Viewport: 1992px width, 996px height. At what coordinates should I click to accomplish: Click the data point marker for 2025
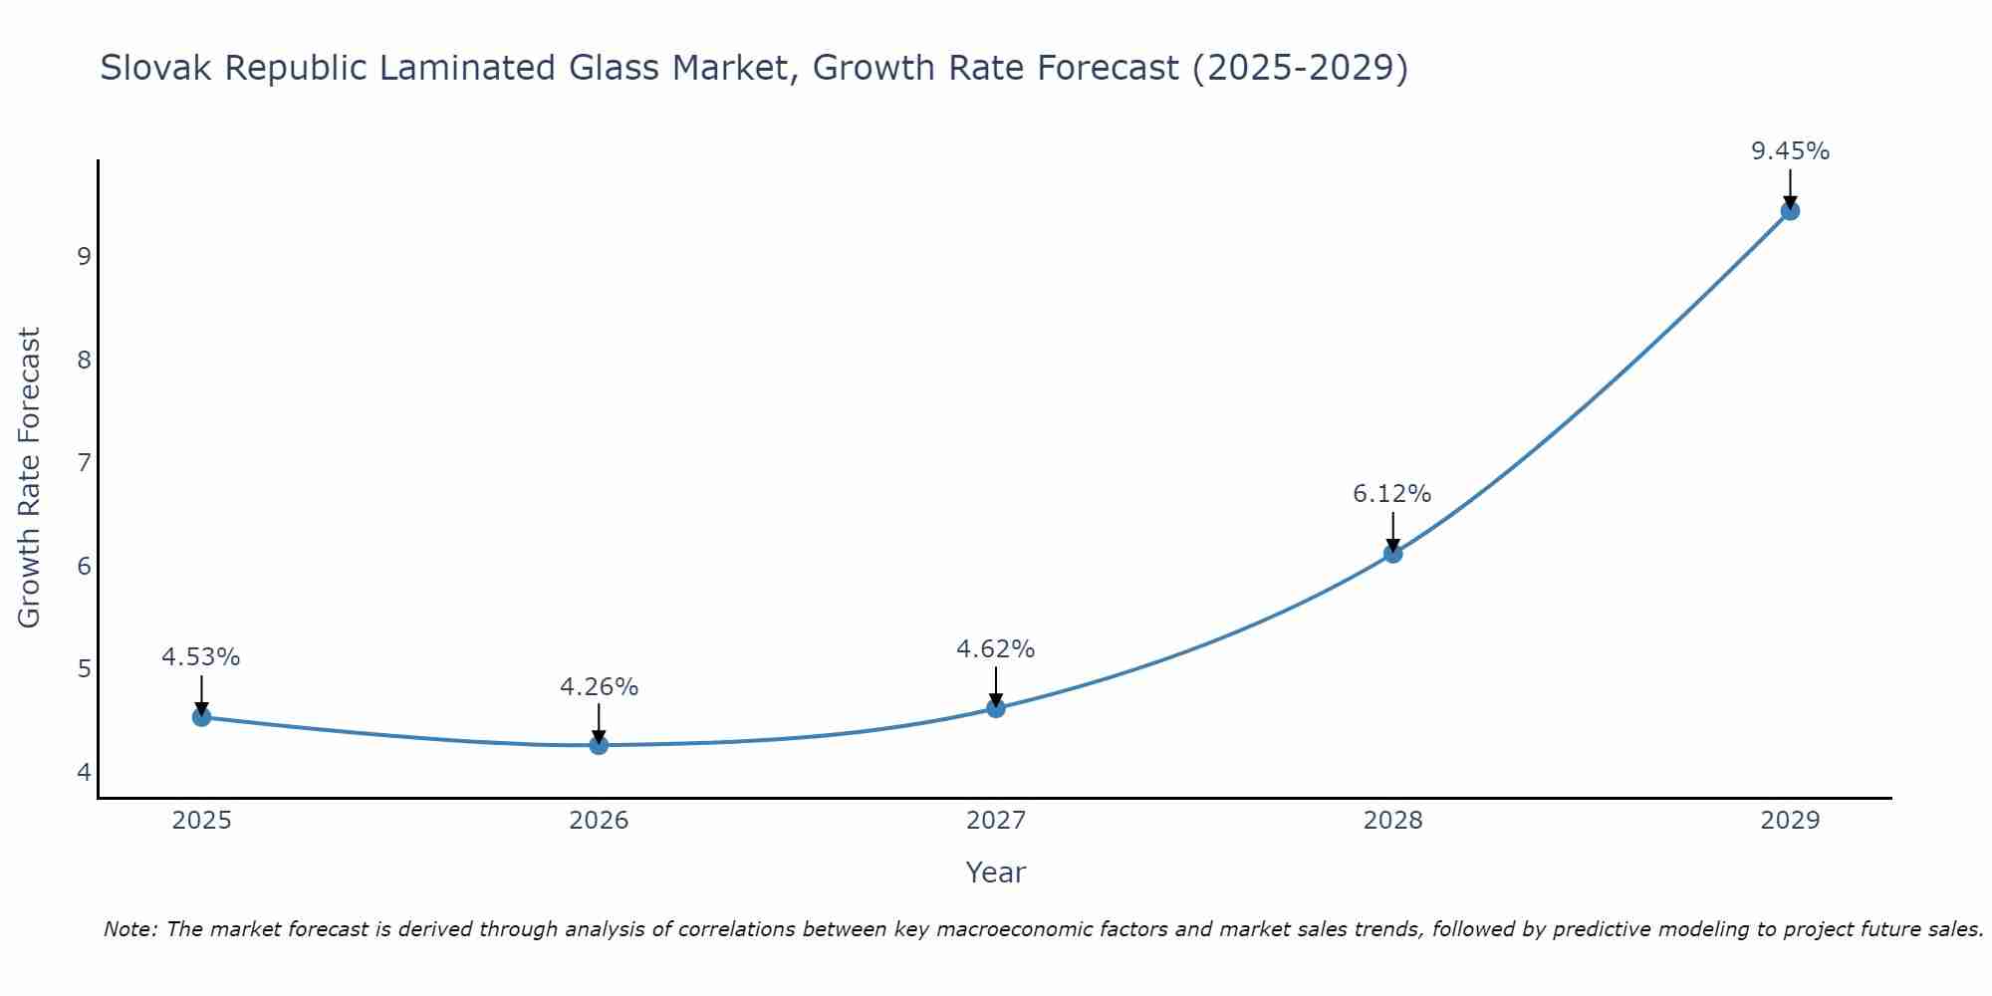201,717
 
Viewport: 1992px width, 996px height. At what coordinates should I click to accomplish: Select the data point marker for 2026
599,745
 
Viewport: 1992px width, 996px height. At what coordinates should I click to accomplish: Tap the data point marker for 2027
996,708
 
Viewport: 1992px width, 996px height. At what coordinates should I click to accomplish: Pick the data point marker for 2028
1392,554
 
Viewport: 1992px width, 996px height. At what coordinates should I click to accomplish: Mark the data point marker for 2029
1790,211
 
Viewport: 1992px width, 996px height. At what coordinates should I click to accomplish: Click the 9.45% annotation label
1790,151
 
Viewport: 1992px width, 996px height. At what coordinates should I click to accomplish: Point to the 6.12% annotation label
1391,494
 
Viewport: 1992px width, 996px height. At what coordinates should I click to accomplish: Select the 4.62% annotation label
995,649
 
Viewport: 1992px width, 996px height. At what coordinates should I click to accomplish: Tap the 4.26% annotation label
599,687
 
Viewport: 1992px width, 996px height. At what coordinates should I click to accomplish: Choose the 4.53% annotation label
201,657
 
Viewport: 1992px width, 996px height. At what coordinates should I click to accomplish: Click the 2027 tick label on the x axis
996,821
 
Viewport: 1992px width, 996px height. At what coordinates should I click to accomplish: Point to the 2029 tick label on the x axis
1790,821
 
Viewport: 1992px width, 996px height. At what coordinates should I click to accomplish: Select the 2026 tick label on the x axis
599,821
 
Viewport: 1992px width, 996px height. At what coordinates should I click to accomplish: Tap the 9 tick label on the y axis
84,256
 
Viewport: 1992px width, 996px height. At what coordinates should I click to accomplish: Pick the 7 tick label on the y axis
84,462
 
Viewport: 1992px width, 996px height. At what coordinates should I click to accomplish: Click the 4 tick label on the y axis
84,772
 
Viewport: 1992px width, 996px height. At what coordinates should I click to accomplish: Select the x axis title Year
995,872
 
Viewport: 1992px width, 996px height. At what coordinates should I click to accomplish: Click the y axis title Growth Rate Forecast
30,478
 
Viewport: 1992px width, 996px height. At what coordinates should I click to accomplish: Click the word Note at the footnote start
129,929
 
